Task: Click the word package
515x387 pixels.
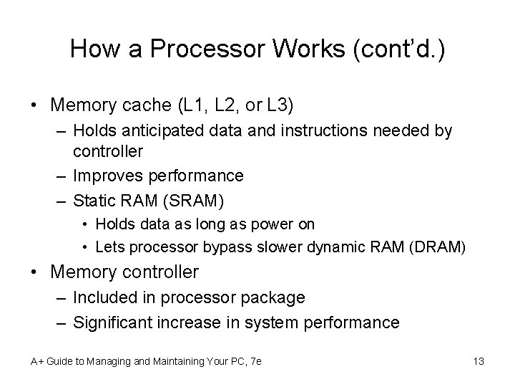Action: [271, 297]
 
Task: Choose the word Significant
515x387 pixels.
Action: [120, 322]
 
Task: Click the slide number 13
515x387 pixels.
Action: [479, 361]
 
